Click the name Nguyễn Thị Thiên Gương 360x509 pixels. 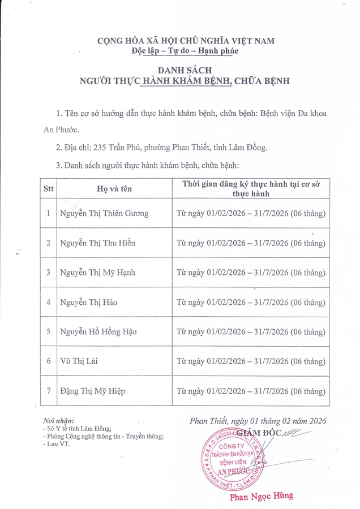[104, 213]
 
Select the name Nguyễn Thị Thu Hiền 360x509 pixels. [98, 243]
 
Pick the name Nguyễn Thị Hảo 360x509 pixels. [89, 302]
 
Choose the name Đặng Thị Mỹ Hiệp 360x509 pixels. [93, 391]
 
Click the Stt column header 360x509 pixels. [48, 189]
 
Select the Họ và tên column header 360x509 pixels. [114, 189]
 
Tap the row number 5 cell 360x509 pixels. [48, 331]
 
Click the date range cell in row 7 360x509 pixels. [251, 391]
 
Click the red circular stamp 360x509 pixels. [238, 455]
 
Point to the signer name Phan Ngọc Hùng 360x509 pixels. [261, 497]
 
